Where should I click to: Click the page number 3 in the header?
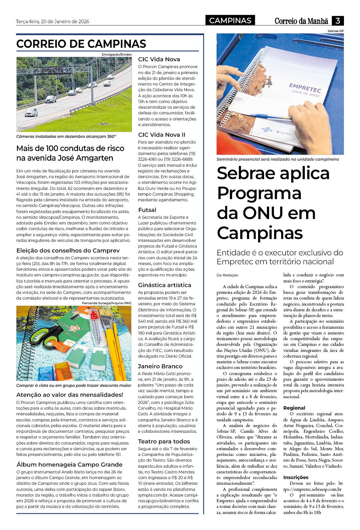[x=337, y=21]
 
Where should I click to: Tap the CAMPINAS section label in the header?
[x=230, y=21]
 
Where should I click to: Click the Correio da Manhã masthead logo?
[x=301, y=21]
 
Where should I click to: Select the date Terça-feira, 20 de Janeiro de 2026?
[x=52, y=21]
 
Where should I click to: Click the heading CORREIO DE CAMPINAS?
[x=81, y=44]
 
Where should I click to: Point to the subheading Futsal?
[x=147, y=210]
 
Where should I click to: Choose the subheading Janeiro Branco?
[x=160, y=366]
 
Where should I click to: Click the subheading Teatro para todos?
[x=164, y=441]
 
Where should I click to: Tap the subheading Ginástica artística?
[x=165, y=285]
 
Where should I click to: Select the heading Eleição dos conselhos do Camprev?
[x=68, y=250]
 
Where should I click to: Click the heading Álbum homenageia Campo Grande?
[x=70, y=464]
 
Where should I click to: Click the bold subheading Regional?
[x=294, y=408]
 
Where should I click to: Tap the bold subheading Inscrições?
[x=296, y=477]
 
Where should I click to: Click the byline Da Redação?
[x=227, y=275]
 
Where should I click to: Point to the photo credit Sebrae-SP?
[x=335, y=31]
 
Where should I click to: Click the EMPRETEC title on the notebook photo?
[x=305, y=87]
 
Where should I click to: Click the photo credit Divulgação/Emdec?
[x=117, y=54]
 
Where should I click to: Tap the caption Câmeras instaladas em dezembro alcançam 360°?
[x=66, y=136]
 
